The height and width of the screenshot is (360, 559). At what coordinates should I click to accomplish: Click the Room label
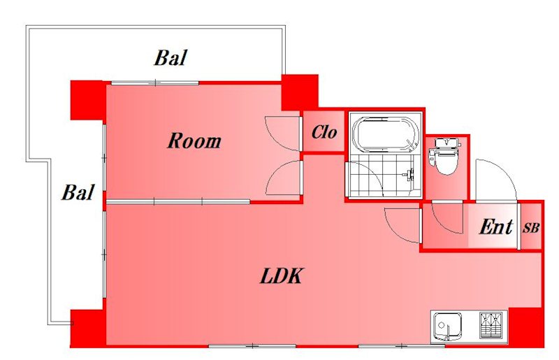click(194, 141)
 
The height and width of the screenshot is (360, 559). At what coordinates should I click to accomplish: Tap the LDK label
click(282, 276)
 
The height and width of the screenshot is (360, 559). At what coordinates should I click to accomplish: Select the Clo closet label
click(324, 132)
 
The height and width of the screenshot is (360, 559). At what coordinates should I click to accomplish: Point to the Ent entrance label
click(496, 226)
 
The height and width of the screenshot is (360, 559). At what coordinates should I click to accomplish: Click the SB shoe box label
click(531, 228)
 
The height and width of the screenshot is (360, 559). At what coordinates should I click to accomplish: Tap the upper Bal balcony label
click(170, 58)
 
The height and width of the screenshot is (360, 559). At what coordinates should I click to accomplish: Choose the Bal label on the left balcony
click(78, 193)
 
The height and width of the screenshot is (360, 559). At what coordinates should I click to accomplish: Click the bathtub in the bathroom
click(385, 134)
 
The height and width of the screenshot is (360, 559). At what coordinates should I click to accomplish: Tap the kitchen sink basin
click(447, 326)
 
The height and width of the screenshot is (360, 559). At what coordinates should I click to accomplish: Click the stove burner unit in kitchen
click(493, 325)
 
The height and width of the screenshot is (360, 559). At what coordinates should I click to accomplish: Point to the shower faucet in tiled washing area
click(409, 175)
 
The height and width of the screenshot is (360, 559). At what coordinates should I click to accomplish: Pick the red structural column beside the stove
click(526, 326)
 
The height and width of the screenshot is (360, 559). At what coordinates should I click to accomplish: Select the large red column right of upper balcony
click(300, 92)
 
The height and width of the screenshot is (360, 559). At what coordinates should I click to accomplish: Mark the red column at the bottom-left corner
click(88, 329)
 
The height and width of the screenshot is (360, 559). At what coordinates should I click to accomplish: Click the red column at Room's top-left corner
click(88, 100)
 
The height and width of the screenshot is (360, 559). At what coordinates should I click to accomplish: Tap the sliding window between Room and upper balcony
click(155, 82)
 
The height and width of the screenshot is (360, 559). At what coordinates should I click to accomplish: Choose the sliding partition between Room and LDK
click(178, 202)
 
